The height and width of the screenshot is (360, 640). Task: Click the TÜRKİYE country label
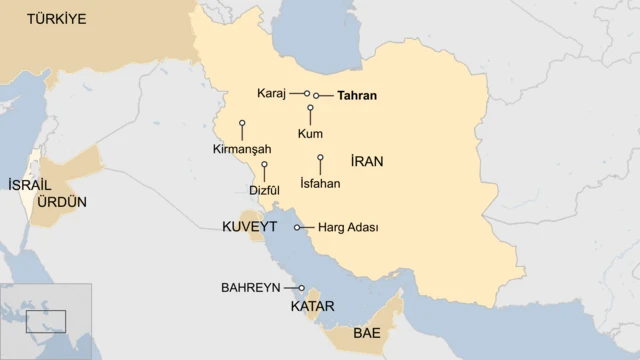click(x=57, y=19)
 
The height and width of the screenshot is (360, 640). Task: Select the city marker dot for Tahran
click(x=316, y=96)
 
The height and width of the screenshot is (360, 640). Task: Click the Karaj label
click(x=271, y=93)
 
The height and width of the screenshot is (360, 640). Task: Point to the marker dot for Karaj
click(x=307, y=93)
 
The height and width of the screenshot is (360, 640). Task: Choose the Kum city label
click(x=310, y=133)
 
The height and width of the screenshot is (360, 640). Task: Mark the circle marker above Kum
click(x=310, y=107)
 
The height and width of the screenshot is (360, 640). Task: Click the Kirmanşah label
click(x=242, y=149)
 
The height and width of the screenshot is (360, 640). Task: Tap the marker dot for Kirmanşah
click(x=242, y=124)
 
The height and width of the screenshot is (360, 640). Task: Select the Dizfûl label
click(x=264, y=190)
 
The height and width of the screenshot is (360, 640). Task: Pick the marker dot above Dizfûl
click(x=264, y=164)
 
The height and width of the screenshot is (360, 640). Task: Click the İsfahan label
click(x=320, y=183)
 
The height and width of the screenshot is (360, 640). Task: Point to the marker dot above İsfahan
click(x=320, y=157)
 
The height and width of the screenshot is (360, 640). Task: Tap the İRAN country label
click(x=367, y=161)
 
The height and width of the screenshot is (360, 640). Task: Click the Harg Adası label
click(x=348, y=228)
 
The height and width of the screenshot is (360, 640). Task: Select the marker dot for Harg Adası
click(x=297, y=228)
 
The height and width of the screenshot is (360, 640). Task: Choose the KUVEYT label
click(x=249, y=227)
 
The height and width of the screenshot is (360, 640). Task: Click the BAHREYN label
click(x=250, y=288)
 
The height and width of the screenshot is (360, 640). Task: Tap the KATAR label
click(x=312, y=306)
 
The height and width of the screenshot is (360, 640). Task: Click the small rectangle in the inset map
click(x=46, y=321)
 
